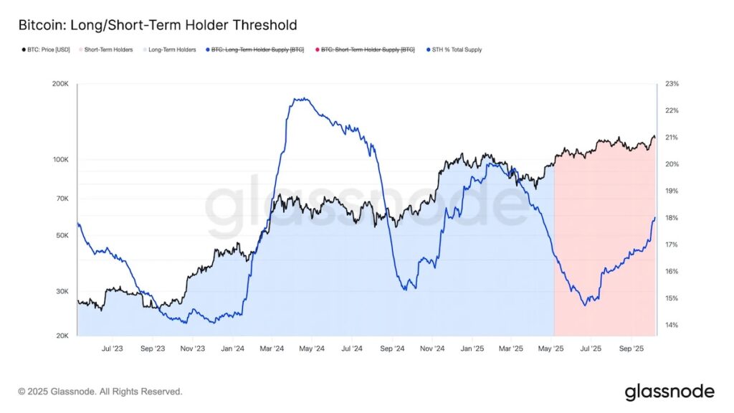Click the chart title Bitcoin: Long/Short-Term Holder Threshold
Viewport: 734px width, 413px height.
(x=157, y=26)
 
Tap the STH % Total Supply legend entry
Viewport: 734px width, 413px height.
(x=455, y=49)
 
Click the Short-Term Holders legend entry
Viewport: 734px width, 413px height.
(x=108, y=49)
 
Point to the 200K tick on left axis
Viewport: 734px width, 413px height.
(x=60, y=85)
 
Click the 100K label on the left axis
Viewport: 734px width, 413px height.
(x=60, y=160)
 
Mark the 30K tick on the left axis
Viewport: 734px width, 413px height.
(x=62, y=292)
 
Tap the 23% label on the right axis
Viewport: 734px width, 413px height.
(x=672, y=85)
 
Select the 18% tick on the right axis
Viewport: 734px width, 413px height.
(x=672, y=218)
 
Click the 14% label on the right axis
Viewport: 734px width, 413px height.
(x=672, y=325)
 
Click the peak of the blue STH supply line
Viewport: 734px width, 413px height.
(x=303, y=99)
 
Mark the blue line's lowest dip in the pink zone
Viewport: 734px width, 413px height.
(x=585, y=305)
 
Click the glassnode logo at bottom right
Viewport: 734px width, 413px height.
(x=669, y=391)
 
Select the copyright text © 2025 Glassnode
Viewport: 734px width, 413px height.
(x=100, y=391)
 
